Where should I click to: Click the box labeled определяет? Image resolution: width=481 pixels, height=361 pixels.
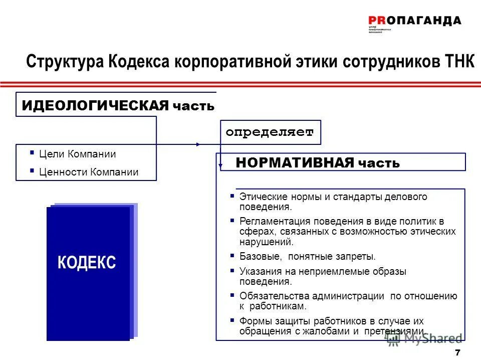click(x=270, y=132)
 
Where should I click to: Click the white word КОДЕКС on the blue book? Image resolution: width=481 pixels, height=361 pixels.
click(x=87, y=262)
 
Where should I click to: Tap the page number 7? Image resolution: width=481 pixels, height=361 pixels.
click(x=457, y=351)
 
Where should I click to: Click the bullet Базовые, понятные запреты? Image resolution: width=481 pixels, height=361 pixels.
click(x=307, y=257)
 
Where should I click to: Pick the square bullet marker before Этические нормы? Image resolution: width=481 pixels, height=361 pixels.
click(x=232, y=196)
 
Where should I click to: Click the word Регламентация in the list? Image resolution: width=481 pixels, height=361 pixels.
click(x=273, y=221)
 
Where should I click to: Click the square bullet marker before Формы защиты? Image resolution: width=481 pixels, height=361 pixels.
click(x=232, y=320)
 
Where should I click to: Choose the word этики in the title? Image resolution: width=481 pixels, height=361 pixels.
click(x=317, y=63)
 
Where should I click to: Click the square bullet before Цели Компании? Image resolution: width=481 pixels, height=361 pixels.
click(x=32, y=153)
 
